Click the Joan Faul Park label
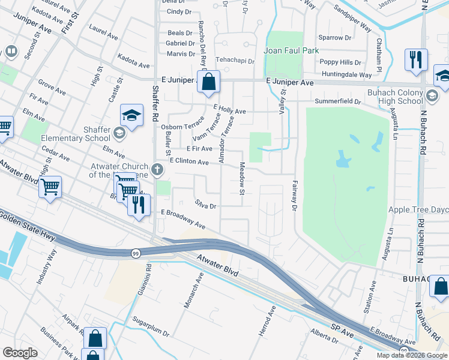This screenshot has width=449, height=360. click(294, 51)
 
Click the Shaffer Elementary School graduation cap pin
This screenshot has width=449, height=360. click(131, 115)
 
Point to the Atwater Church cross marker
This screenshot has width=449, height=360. click(157, 169)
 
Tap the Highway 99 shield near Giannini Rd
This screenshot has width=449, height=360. click(136, 254)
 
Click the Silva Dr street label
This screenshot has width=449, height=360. click(205, 205)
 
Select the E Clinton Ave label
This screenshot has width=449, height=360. click(189, 161)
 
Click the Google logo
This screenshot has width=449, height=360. click(20, 353)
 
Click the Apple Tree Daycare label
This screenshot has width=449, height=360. click(418, 210)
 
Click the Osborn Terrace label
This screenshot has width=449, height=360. click(182, 127)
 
